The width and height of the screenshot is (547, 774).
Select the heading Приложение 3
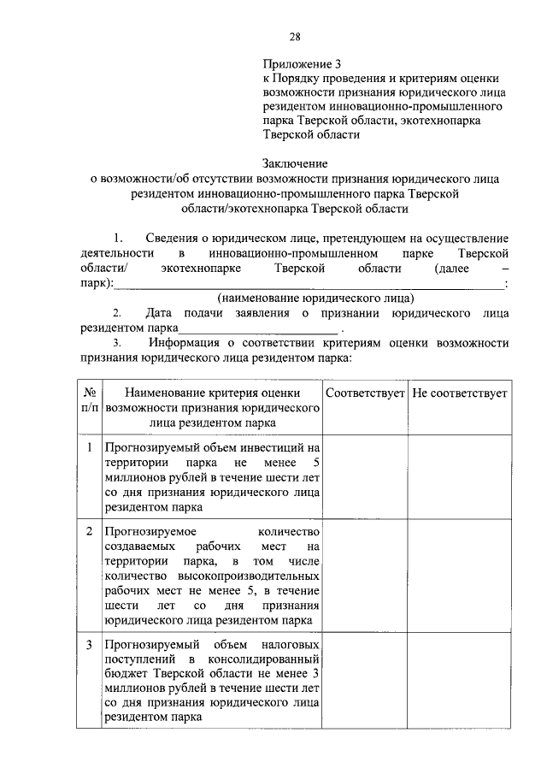[x=303, y=64]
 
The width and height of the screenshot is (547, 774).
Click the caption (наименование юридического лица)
[x=315, y=298]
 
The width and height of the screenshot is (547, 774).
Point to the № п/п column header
[x=89, y=399]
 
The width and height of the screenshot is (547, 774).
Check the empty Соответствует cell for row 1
[x=365, y=476]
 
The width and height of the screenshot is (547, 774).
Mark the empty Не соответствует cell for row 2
[x=459, y=575]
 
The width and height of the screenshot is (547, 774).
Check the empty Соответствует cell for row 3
[x=365, y=680]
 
